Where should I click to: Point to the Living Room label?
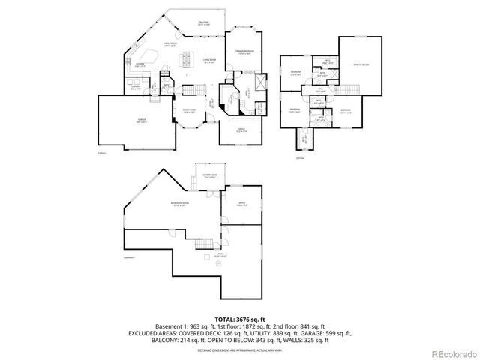pos(209,61)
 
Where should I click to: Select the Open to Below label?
pos(359,65)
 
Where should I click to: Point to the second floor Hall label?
pos(319,91)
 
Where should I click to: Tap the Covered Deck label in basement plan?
pos(207,175)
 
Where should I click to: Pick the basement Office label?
pos(242,203)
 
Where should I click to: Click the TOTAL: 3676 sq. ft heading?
pos(239,319)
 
